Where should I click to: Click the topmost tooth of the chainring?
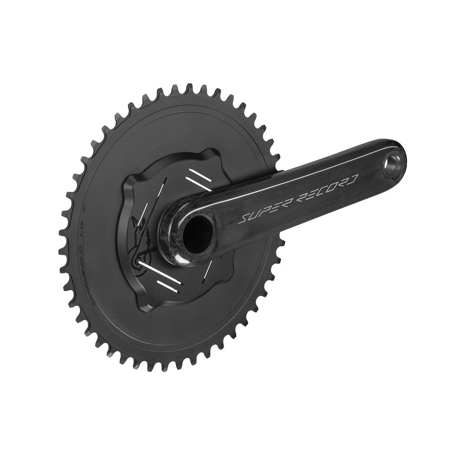pos(189,88)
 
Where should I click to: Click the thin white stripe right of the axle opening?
pos(208,267)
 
